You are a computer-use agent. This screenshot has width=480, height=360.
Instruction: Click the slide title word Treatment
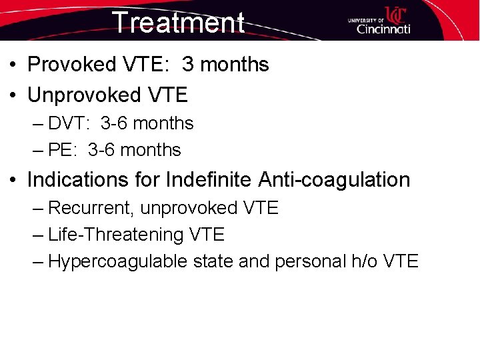coord(178,22)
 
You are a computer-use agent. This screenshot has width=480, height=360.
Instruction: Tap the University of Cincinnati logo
coord(379,21)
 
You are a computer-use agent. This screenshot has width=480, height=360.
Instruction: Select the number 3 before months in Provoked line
coord(188,65)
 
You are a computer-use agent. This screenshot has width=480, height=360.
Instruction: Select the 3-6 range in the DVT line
coord(114,123)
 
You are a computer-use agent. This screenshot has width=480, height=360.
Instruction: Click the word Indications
coord(70,180)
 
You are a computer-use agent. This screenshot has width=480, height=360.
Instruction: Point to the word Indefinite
coord(209,180)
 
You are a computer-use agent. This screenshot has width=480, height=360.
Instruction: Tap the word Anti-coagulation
coord(334,180)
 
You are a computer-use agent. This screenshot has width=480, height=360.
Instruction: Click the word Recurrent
coord(91,208)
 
